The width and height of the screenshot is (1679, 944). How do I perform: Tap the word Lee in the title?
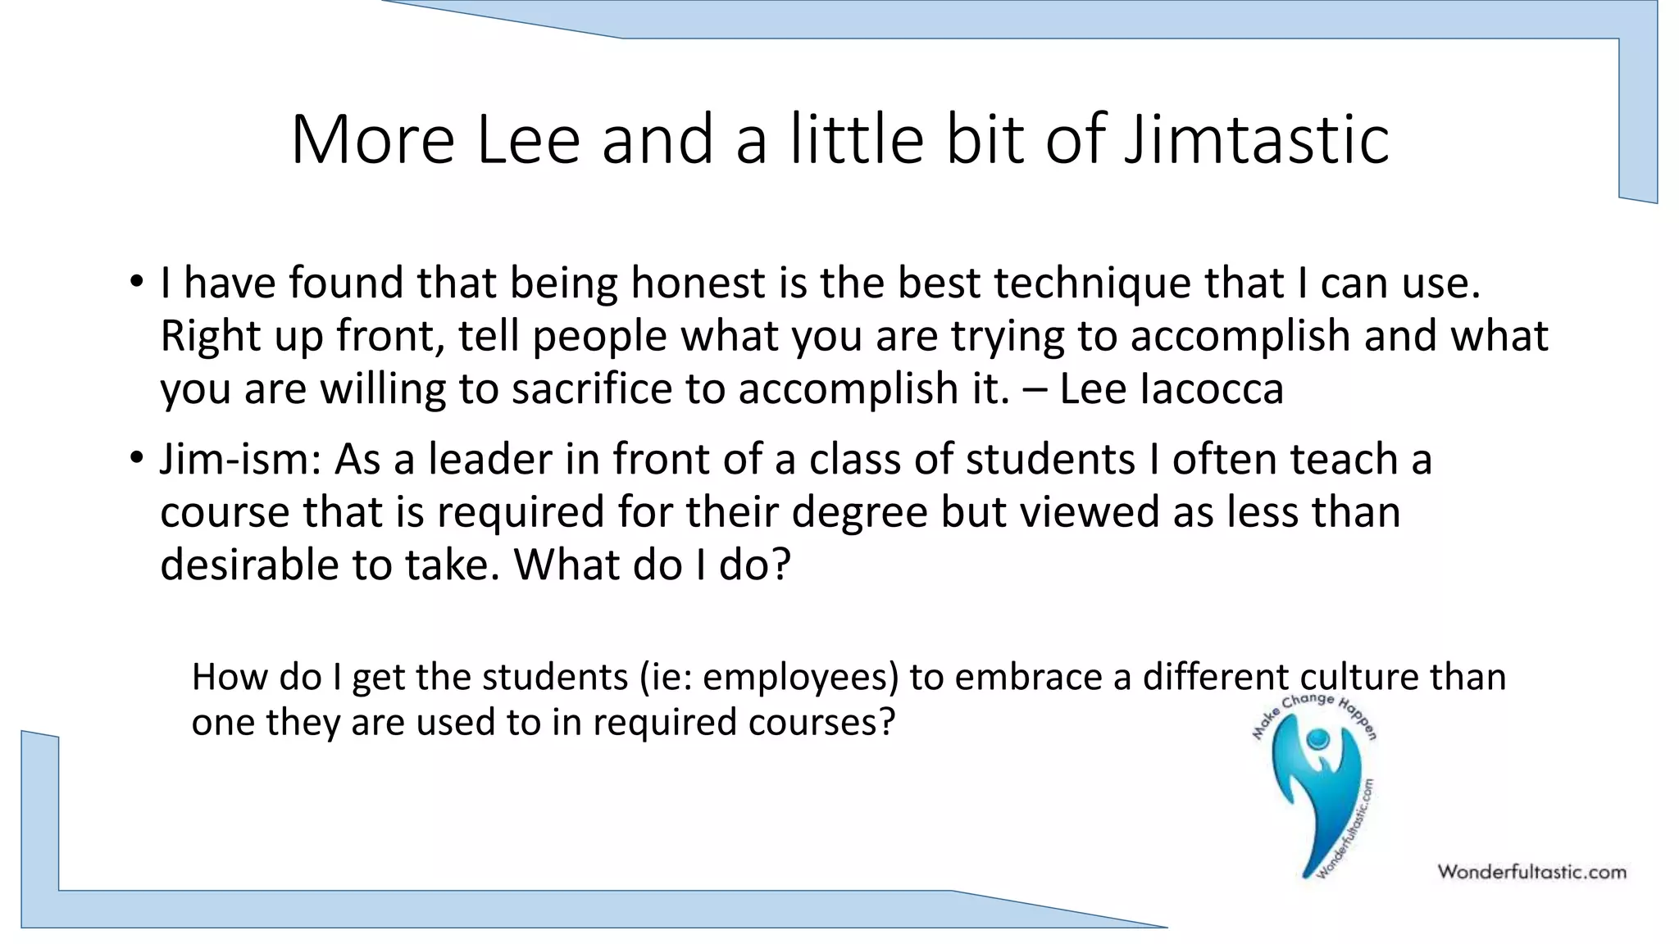coord(528,140)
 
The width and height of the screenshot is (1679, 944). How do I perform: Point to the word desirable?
coord(249,565)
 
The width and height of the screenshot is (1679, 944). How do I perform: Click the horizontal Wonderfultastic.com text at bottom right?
coord(1531,872)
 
